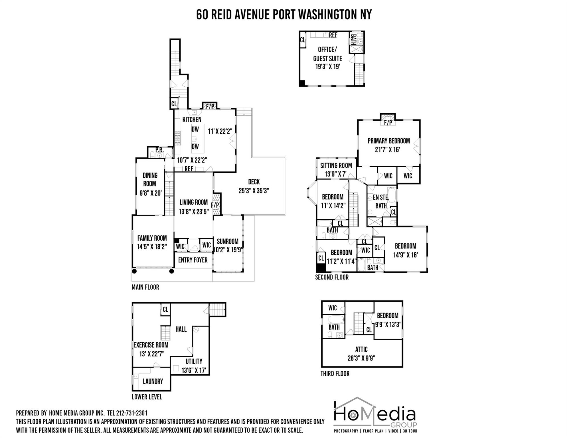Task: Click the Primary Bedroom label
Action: (x=388, y=141)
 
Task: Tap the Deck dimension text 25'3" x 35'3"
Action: (x=254, y=190)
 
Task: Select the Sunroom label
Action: (x=227, y=242)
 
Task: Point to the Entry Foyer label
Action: (x=193, y=260)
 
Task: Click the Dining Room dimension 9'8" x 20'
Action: (x=150, y=193)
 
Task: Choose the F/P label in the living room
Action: (x=215, y=205)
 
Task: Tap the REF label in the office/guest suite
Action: (x=333, y=35)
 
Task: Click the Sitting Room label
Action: (x=336, y=166)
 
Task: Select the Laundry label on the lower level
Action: (x=153, y=381)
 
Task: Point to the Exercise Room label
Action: (x=151, y=345)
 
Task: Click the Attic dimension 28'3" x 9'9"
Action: (x=361, y=358)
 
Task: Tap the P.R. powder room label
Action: (x=159, y=150)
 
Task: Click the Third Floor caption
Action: (x=335, y=374)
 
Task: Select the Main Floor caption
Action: (x=145, y=287)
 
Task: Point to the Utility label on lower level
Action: (x=194, y=362)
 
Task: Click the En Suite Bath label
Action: (x=381, y=201)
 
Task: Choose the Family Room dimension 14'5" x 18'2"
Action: (x=152, y=247)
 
